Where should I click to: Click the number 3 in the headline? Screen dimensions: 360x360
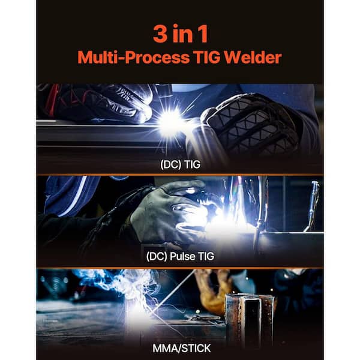coord(160,34)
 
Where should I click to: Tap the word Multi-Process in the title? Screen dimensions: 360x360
coord(133,58)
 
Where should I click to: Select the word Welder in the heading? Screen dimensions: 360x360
coord(253,57)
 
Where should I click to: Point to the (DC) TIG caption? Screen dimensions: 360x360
coord(180,164)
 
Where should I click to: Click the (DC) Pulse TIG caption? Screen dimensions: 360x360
coord(180,256)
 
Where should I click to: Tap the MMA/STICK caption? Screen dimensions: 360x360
coord(181,348)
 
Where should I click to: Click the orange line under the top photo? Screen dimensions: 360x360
coord(180,175)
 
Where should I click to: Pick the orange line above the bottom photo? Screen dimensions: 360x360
coord(180,268)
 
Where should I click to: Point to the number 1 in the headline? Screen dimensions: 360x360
coord(203,34)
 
